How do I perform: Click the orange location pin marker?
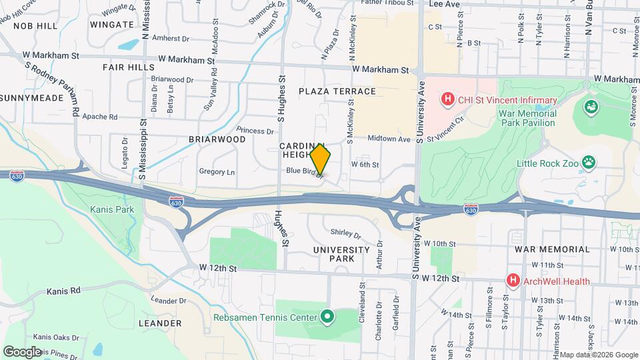[x=321, y=160]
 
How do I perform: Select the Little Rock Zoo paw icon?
[x=588, y=161]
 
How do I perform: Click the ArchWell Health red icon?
[x=513, y=281]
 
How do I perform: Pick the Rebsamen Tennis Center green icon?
[x=327, y=317]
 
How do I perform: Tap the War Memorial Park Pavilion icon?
[x=590, y=107]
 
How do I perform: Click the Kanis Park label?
[x=112, y=209]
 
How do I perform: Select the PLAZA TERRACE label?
[x=337, y=91]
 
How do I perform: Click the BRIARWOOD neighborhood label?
[x=217, y=139]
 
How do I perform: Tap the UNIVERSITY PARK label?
[x=341, y=254]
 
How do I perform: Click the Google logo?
[x=22, y=351]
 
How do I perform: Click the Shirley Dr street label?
[x=345, y=235]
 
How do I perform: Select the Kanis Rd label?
[x=63, y=291]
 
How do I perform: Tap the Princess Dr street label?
[x=255, y=131]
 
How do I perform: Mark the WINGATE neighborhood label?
[x=111, y=25]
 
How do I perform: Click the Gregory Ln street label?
[x=217, y=171]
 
